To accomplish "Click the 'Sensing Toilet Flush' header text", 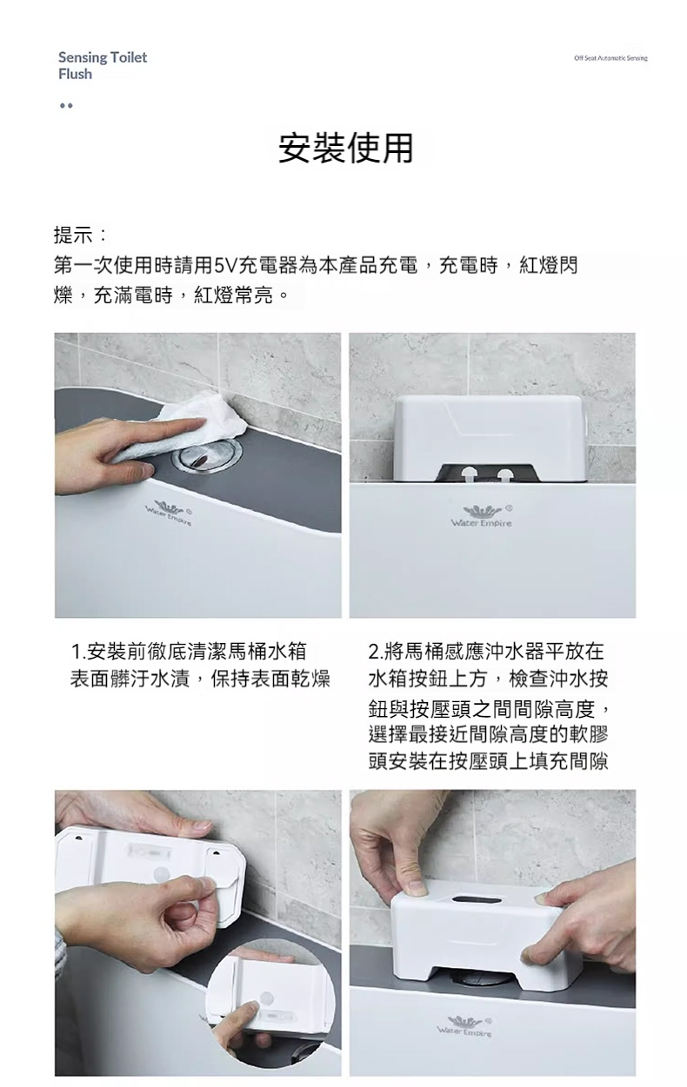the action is point(103,65).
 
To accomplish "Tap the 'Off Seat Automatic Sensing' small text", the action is point(610,58).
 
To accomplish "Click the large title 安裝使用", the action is point(346,148).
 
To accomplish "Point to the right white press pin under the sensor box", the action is point(506,474).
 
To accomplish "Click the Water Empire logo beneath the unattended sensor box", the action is point(481,516).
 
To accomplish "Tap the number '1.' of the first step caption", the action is point(77,651).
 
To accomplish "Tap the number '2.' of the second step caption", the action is point(376,651).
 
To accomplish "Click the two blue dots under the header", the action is point(66,105).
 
